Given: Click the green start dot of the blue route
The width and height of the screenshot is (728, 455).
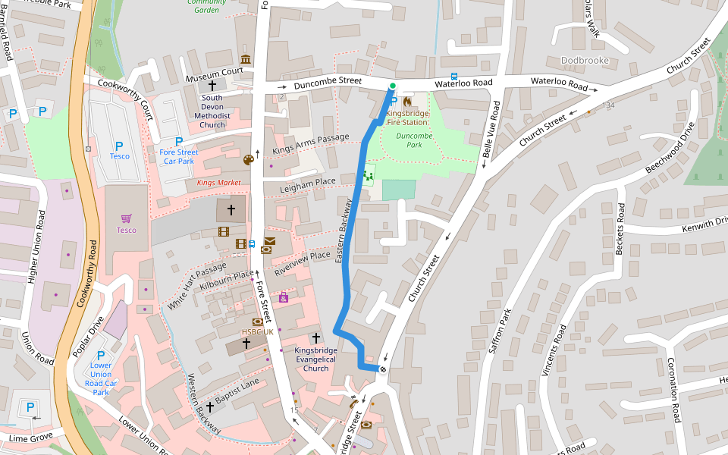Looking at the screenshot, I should [393, 86].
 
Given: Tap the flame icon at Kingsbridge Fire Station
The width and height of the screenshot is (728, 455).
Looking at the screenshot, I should [407, 101].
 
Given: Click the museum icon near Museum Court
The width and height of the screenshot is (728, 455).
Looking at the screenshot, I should [245, 59].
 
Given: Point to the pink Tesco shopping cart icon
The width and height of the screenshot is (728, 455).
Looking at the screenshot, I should [126, 218].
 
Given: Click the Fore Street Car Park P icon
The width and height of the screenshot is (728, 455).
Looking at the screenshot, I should [179, 141].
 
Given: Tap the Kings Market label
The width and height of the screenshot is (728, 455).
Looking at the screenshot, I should [218, 183].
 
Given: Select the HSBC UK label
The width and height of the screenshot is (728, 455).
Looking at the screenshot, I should [256, 332].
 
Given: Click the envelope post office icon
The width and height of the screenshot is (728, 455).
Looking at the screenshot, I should [270, 241].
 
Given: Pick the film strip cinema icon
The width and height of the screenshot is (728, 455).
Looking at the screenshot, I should [224, 231].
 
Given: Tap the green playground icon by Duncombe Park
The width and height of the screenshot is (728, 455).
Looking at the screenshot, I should [369, 175].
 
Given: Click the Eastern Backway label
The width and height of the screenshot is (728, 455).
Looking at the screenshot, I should [344, 231].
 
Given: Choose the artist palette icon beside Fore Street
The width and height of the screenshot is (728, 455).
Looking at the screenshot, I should [248, 159].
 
